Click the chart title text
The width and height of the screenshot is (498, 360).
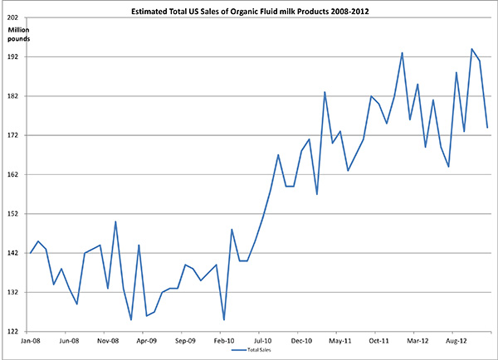click(x=249, y=12)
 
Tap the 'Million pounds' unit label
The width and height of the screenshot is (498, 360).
click(x=22, y=36)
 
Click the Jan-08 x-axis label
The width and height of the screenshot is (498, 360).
click(x=30, y=340)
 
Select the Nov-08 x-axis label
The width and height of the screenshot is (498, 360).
click(x=107, y=340)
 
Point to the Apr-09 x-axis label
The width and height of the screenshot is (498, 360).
click(x=146, y=340)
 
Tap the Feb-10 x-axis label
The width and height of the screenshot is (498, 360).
click(x=223, y=340)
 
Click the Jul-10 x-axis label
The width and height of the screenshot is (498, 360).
click(x=262, y=340)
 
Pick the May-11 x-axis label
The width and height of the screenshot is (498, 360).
click(x=339, y=340)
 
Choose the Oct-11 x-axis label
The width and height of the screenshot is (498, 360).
click(x=378, y=340)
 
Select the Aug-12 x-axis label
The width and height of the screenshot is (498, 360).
click(x=456, y=340)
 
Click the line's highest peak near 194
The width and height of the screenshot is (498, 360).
click(x=471, y=49)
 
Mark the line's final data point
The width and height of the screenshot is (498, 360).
click(x=487, y=127)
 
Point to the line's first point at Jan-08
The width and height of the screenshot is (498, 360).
click(x=30, y=253)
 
